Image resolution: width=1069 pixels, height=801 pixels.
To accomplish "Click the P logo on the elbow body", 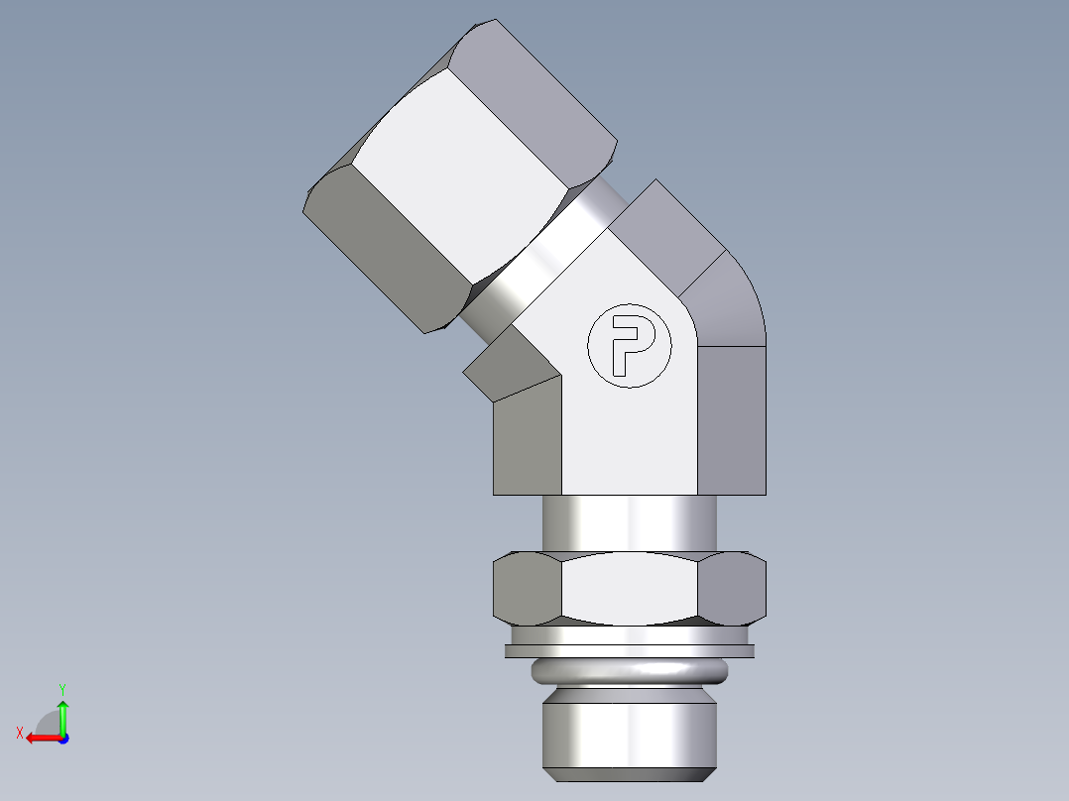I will pos(630,345).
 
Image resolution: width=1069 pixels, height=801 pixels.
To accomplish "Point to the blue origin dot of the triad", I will pos(62,738).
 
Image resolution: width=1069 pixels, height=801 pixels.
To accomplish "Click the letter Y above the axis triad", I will pos(61,688).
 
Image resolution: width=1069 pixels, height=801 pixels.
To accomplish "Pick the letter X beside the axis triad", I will pos(20,733).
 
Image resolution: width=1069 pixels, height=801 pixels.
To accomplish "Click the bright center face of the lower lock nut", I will pos(630,588).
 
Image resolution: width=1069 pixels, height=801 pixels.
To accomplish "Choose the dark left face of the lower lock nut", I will pos(526,588).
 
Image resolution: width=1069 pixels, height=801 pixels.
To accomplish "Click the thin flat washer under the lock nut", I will pos(630,651).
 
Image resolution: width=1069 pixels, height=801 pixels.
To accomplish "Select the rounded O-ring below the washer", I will pos(630,671).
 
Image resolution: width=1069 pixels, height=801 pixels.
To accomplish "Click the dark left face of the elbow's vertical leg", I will pos(526,441).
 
